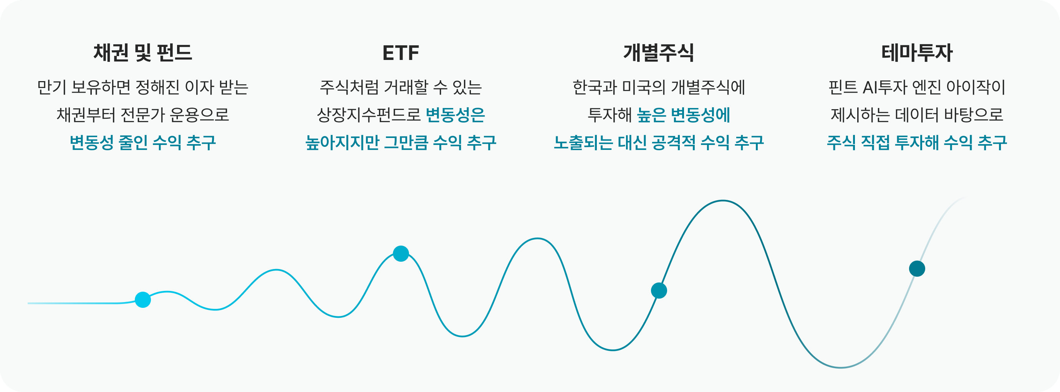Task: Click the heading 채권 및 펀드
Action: [143, 53]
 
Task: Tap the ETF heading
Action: [401, 53]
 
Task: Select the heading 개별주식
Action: [659, 53]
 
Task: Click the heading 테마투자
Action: [917, 53]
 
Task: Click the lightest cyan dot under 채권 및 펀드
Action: [143, 300]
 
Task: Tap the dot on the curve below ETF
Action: [401, 254]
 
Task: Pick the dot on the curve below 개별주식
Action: [659, 291]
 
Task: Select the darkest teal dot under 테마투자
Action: [917, 269]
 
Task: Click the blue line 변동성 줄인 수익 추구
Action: [143, 143]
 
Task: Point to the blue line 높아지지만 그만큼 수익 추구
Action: [401, 143]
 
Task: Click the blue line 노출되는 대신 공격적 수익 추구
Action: [659, 143]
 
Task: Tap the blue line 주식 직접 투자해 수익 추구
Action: [917, 143]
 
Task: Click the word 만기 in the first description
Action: [52, 87]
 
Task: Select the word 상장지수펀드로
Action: [369, 115]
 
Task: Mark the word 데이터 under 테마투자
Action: [916, 115]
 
